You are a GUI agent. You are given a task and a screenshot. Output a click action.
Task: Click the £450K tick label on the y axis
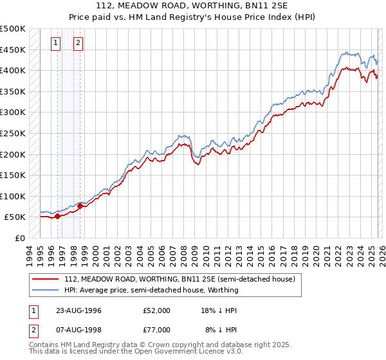pyautogui.click(x=13, y=50)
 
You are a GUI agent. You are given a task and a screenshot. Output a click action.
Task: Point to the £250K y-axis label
pyautogui.click(x=13, y=133)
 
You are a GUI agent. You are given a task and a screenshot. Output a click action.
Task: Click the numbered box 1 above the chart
pyautogui.click(x=56, y=44)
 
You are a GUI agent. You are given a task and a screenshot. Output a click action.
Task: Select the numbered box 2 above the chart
pyautogui.click(x=78, y=44)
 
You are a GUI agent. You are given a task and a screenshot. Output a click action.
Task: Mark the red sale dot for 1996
pyautogui.click(x=58, y=216)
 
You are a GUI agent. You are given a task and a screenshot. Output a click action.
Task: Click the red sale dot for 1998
pyautogui.click(x=80, y=206)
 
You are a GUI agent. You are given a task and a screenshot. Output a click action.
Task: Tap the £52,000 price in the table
pyautogui.click(x=157, y=310)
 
